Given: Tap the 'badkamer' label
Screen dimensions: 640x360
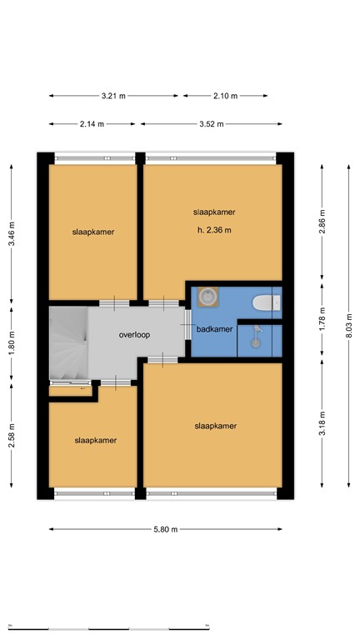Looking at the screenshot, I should [x=214, y=330].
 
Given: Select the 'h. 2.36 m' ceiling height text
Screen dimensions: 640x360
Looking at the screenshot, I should [x=214, y=230].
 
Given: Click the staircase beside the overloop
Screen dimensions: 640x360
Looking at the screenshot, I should [x=67, y=342].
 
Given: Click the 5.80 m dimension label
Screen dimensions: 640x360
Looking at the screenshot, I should [x=165, y=529].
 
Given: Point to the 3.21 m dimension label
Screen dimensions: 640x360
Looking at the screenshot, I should [x=113, y=96].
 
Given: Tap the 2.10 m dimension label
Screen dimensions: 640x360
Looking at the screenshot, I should [x=225, y=96].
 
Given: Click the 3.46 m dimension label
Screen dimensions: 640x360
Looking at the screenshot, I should [x=11, y=231].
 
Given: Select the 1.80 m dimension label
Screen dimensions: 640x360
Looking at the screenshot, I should [x=11, y=342].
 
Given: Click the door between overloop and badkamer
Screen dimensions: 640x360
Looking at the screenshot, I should [x=187, y=324].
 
